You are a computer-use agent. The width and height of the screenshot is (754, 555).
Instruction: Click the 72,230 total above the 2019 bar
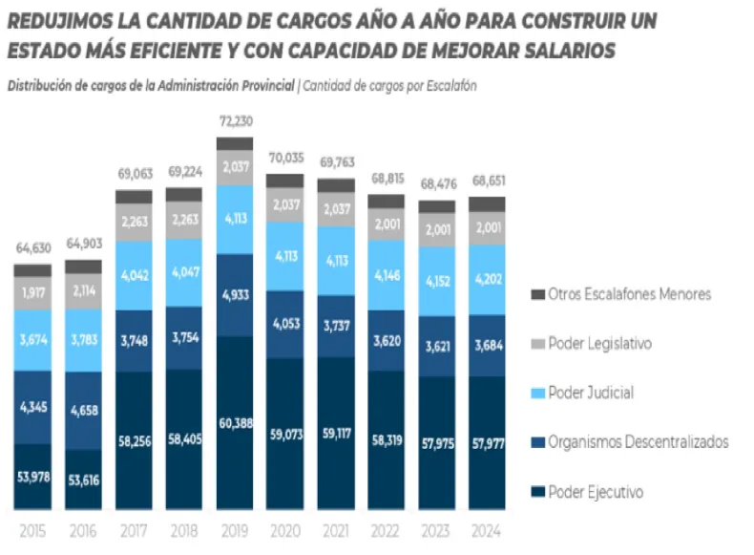tap(234, 121)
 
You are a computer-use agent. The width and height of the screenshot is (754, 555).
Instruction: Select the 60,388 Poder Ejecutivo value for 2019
tap(234, 421)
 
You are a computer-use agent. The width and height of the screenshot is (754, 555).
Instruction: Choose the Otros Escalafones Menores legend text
tap(630, 294)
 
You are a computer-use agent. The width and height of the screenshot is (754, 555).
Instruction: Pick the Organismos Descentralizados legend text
tap(639, 442)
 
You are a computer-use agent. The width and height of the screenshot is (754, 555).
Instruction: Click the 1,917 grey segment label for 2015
tap(33, 291)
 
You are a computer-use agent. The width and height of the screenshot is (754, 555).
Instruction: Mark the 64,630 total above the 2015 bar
tap(33, 249)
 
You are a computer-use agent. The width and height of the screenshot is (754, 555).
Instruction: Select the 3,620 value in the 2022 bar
tap(385, 340)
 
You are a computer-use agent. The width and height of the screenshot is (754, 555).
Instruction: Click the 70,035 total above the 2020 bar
tap(284, 159)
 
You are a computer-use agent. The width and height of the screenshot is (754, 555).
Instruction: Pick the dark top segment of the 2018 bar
tap(183, 195)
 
